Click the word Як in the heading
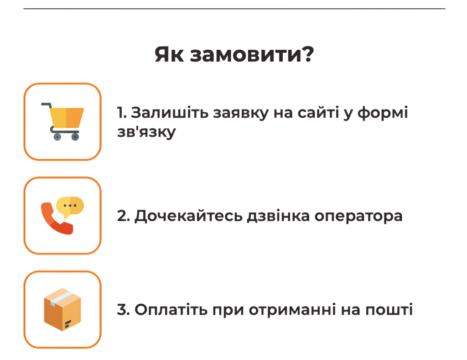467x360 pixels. (169, 55)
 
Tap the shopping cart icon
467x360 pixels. (62, 121)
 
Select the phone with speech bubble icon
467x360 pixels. (62, 215)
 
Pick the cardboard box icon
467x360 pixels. (62, 309)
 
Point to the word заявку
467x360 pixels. (241, 113)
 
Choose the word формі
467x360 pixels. (383, 113)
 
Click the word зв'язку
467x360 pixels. (146, 132)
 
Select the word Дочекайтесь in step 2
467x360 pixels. (188, 216)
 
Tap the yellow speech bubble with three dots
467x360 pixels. (70, 207)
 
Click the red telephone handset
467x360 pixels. (56, 219)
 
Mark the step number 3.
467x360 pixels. (123, 309)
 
